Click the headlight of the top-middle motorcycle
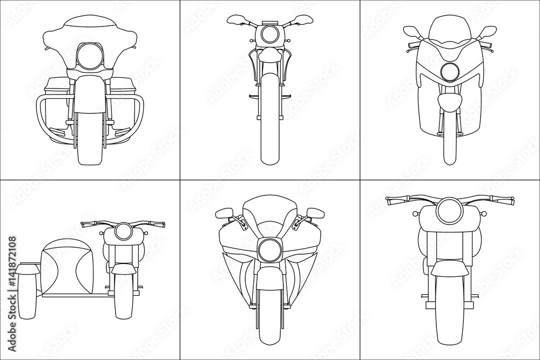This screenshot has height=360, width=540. tap(269, 35)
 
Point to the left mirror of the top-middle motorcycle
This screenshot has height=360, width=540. tap(236, 20)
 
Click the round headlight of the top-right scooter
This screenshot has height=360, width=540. tap(449, 71)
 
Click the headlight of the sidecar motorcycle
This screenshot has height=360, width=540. tap(122, 232)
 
